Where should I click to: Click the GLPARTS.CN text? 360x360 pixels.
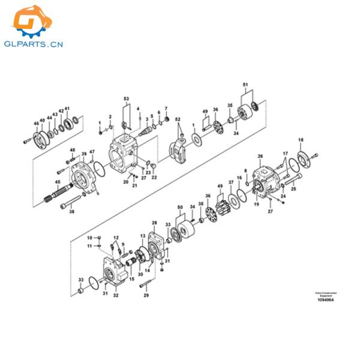click(x=35, y=44)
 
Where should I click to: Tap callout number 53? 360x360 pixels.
click(x=126, y=98)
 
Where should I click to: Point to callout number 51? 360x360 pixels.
click(x=244, y=85)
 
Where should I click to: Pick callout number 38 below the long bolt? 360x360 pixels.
click(x=72, y=211)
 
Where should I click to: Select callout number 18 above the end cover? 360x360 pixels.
click(x=301, y=140)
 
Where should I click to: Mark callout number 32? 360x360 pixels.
click(x=116, y=296)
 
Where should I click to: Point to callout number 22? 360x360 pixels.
click(x=154, y=177)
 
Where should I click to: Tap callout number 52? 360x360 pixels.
click(x=178, y=120)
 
